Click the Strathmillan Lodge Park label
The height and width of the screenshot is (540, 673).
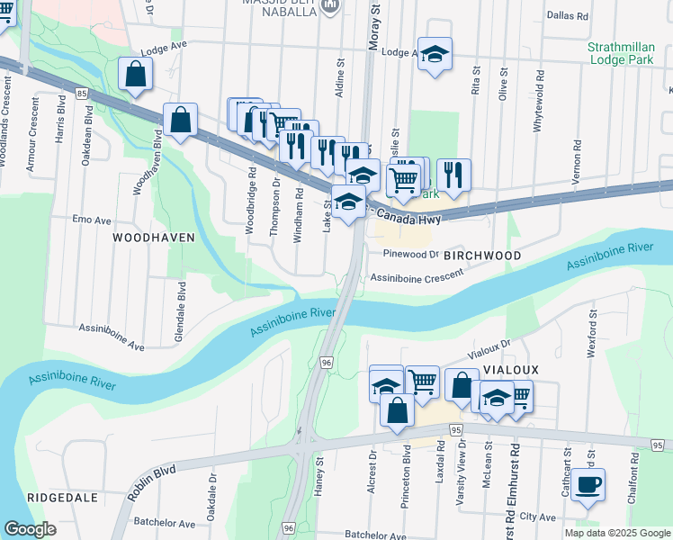[624, 53]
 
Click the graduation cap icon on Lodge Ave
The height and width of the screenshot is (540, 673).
[435, 55]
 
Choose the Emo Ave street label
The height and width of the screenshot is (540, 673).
[92, 219]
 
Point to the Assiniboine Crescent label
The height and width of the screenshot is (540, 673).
[416, 278]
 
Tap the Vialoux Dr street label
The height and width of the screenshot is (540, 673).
[489, 349]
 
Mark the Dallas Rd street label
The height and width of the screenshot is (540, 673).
[566, 16]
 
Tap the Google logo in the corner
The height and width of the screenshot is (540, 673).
[31, 529]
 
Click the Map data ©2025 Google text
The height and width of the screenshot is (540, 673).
[617, 533]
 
